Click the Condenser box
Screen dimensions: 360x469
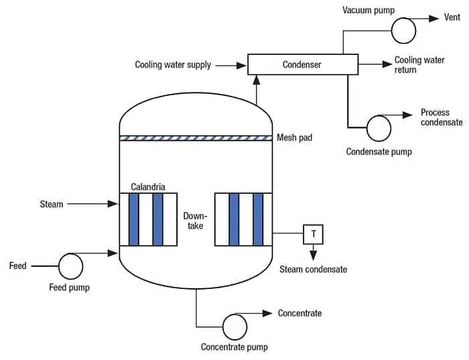(x=301, y=64)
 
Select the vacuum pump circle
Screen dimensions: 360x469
(x=403, y=28)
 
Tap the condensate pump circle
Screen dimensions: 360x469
(x=379, y=127)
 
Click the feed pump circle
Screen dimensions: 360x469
(x=70, y=266)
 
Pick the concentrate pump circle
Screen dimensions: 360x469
(x=235, y=326)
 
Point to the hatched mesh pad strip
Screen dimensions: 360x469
(x=196, y=138)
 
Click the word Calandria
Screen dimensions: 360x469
(x=147, y=186)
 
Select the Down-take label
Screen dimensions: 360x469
(x=196, y=221)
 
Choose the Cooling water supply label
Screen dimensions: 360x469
(x=173, y=65)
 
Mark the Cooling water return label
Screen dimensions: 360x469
(x=419, y=65)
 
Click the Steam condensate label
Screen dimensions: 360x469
(x=313, y=269)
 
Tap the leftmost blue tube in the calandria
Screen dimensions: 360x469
(x=134, y=219)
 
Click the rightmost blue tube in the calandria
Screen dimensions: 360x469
(x=258, y=219)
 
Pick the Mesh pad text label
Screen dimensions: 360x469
(x=295, y=138)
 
